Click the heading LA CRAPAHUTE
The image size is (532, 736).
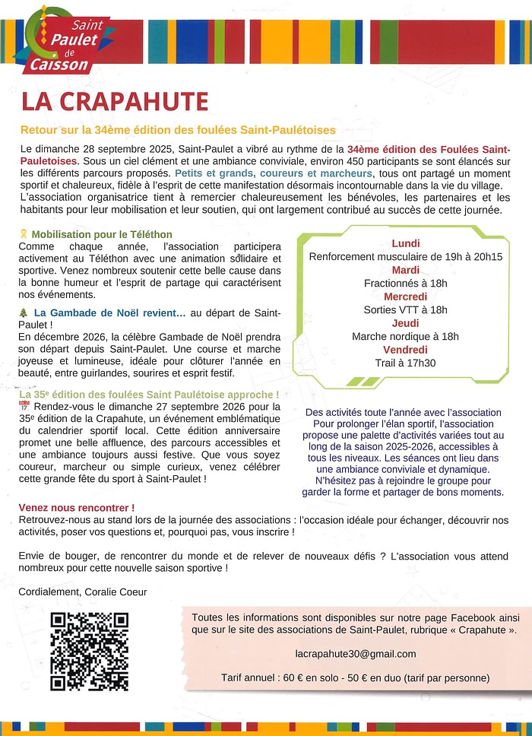tap(114, 101)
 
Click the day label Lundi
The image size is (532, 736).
tap(405, 243)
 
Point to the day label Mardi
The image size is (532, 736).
tap(405, 270)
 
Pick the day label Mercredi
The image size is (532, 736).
tap(405, 297)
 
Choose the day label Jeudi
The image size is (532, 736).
tap(405, 323)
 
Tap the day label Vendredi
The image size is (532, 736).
tap(405, 350)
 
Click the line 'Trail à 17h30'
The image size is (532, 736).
tap(405, 363)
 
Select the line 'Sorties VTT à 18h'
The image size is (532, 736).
tap(405, 309)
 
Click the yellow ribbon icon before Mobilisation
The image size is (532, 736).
tap(24, 234)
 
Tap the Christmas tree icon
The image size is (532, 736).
tap(24, 312)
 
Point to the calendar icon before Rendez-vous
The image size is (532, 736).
tap(23, 408)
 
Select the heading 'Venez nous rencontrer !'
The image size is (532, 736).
tap(76, 507)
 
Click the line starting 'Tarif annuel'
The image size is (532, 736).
tap(355, 677)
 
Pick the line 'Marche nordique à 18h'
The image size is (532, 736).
tap(405, 336)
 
